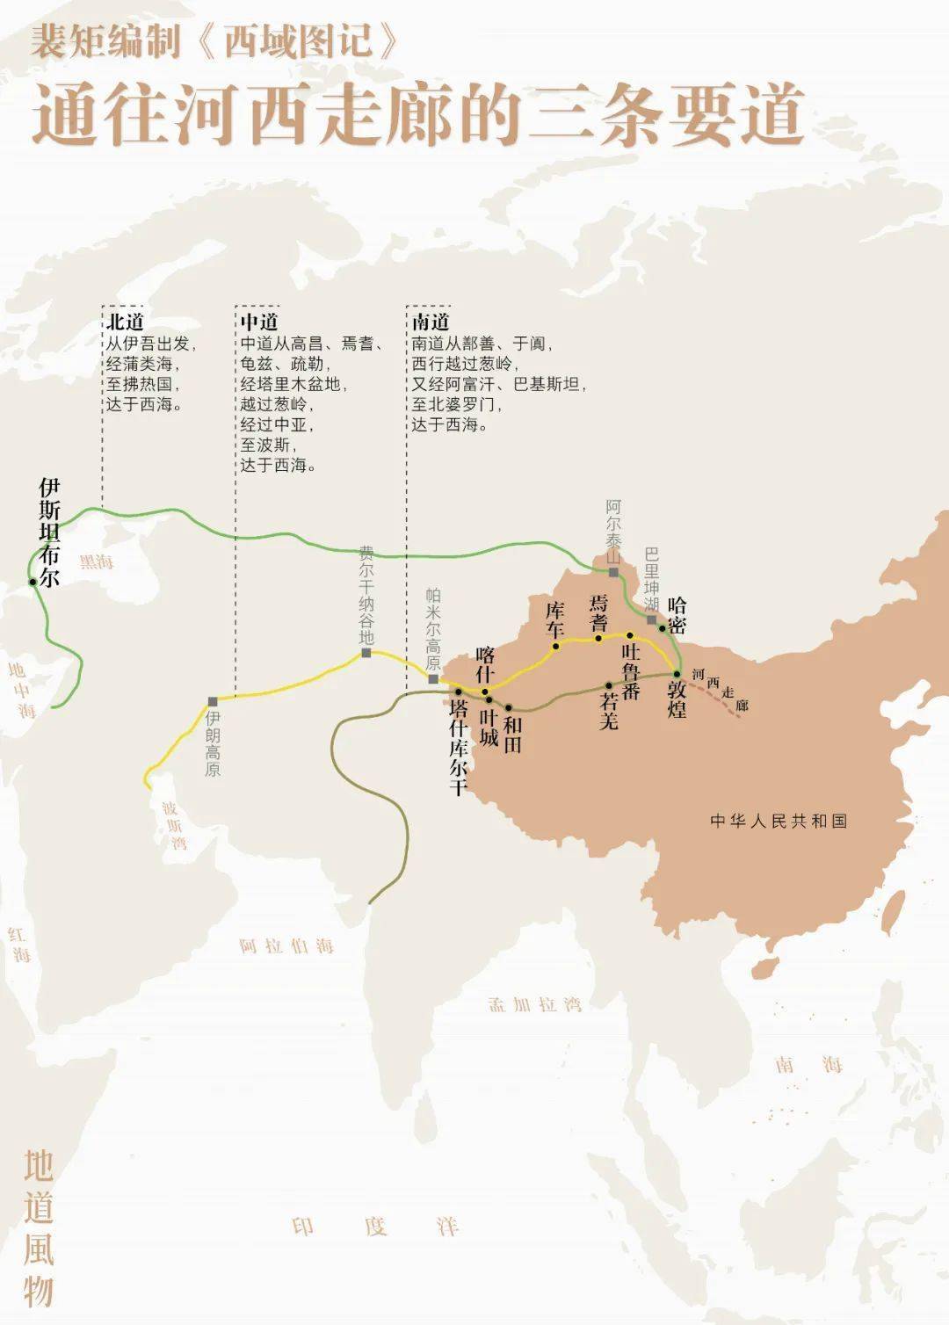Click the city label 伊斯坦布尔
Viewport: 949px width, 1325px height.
point(50,532)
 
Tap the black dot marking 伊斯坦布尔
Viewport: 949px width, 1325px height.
point(33,582)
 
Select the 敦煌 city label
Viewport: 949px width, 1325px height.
point(676,699)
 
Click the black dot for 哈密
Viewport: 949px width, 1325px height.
point(663,628)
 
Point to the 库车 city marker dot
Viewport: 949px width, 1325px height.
point(555,647)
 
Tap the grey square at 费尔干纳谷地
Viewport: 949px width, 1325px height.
point(366,653)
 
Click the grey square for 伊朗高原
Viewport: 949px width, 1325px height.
point(213,701)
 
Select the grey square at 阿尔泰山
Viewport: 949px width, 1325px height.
point(613,573)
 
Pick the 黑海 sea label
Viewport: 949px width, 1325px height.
point(97,561)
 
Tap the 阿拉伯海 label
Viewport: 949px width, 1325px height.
point(286,946)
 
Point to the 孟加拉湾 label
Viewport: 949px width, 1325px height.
point(536,1003)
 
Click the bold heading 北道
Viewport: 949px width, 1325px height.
point(125,322)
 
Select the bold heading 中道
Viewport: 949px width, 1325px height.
point(259,322)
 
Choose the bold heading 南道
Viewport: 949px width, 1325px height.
point(431,322)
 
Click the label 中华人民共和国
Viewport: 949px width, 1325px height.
point(779,821)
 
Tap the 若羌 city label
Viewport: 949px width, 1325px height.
point(609,710)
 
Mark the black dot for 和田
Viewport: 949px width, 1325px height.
point(508,707)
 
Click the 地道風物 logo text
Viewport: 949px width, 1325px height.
point(39,1228)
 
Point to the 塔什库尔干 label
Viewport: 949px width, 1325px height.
point(458,747)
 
